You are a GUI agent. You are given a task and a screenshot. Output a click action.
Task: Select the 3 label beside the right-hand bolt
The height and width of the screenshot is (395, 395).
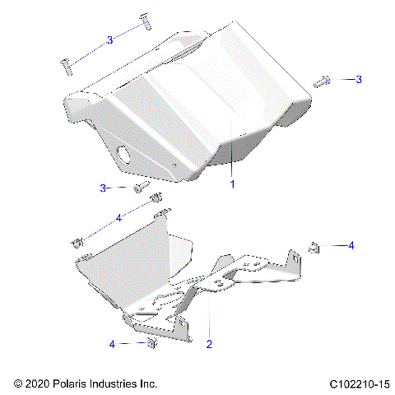[x=358, y=80]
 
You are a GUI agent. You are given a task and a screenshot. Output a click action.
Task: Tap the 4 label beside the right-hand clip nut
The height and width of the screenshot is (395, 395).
[x=351, y=245]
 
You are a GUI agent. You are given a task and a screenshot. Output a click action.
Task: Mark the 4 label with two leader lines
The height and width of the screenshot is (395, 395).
[x=118, y=218]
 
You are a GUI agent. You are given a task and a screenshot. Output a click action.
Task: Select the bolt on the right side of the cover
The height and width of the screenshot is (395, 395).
[x=322, y=81]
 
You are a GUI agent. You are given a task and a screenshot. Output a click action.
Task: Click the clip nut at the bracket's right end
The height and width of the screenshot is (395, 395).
[x=314, y=245]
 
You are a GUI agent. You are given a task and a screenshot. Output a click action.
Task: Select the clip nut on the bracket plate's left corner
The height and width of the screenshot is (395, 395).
[x=77, y=242]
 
